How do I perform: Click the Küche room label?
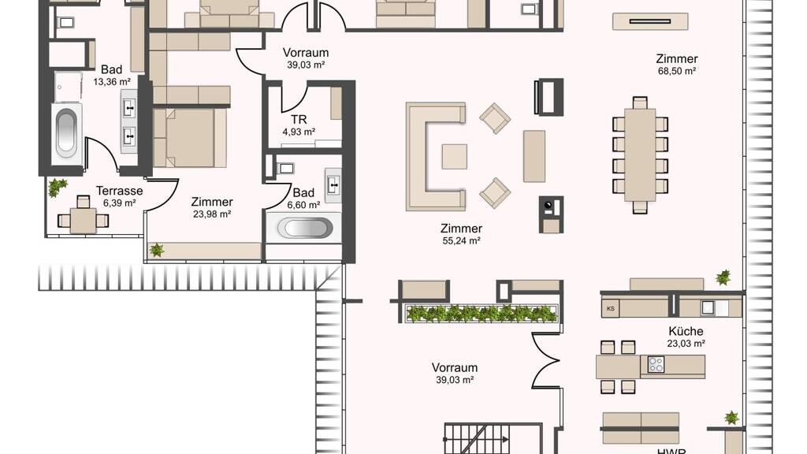coord(686,331)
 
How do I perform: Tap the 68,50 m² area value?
coord(677,72)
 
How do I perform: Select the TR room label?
coord(299,120)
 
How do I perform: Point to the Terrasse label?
coord(120,191)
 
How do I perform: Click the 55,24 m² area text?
coord(461,240)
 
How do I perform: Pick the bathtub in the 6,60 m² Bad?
coord(305,228)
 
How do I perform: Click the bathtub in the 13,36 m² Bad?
coord(66,132)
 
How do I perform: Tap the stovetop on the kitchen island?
coord(656,364)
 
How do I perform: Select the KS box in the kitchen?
coord(611,308)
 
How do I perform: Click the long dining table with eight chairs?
coord(640,154)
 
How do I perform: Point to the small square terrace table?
coord(83,221)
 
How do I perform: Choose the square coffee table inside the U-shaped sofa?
coord(455,157)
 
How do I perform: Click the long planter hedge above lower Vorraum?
coord(482,313)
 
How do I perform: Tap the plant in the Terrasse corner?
coord(56,187)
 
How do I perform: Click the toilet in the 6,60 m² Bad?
coord(284,169)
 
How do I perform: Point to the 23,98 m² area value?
coord(211,214)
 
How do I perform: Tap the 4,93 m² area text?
coord(299,132)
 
